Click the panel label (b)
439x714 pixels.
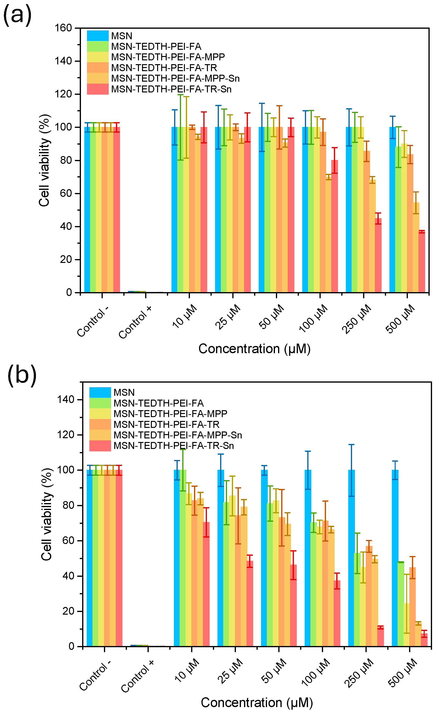[x=22, y=375]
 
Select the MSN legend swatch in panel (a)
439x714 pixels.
[x=97, y=36]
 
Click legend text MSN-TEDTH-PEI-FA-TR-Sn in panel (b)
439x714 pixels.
[x=174, y=446]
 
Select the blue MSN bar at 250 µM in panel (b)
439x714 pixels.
[x=351, y=557]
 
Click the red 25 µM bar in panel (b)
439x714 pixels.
[x=250, y=604]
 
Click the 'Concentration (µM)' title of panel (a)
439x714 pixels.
[x=254, y=349]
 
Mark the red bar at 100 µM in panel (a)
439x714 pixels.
[x=335, y=227]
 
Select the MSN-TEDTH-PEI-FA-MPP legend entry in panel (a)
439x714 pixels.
[x=168, y=57]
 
